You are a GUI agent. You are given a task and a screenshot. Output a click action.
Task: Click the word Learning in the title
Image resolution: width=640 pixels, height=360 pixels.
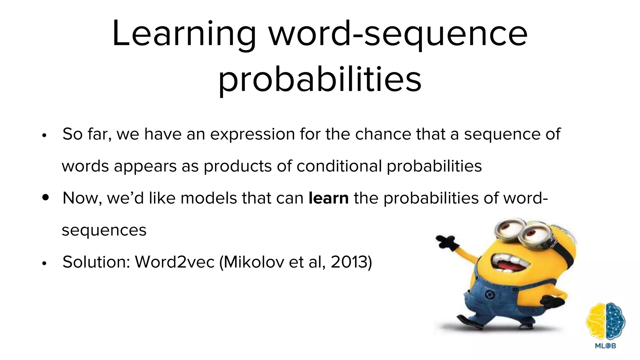[184, 34]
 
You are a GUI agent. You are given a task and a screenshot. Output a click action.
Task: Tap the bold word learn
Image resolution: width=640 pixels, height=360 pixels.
[328, 198]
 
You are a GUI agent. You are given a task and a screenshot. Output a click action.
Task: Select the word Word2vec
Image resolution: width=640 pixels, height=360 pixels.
[174, 262]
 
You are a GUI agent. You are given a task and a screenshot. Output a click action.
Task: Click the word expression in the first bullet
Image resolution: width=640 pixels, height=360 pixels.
[252, 134]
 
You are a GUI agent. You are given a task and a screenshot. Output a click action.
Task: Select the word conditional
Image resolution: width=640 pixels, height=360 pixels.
[339, 166]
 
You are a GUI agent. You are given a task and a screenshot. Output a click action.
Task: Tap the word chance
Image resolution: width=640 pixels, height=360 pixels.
[383, 134]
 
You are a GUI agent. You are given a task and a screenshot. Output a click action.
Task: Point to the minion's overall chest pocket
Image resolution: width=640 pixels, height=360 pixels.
[488, 294]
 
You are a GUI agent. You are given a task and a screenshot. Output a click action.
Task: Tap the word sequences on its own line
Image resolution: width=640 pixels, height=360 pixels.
[104, 231]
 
